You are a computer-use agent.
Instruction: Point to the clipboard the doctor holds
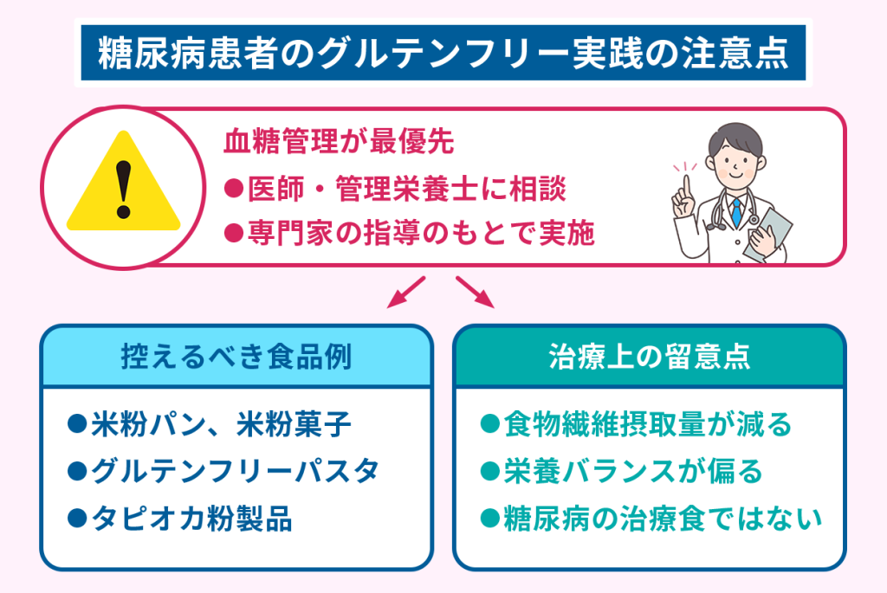pos(768,230)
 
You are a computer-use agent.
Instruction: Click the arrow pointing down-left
pos(405,292)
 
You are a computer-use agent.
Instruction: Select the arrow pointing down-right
pos(475,292)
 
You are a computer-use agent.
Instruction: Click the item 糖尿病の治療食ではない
pos(651,519)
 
